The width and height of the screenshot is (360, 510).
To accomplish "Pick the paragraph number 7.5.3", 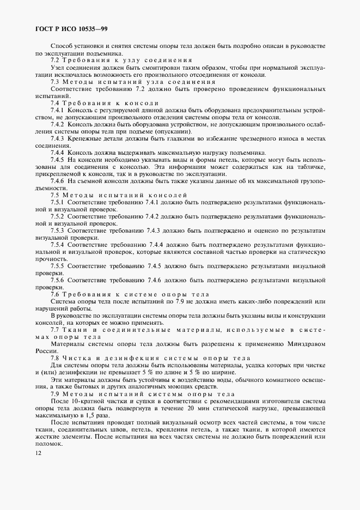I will [58, 230].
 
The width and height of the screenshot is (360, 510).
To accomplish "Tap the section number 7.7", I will [55, 330].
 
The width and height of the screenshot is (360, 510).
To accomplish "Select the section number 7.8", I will [55, 358].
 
